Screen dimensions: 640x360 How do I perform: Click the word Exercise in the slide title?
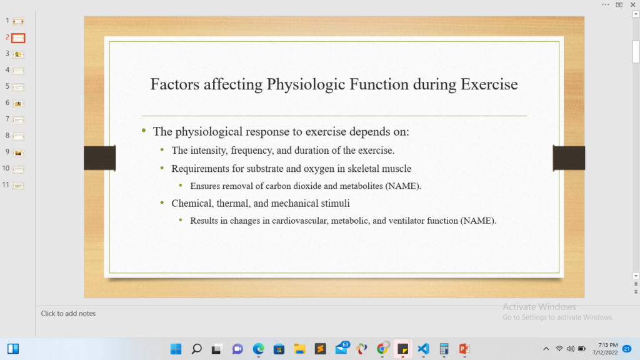point(489,84)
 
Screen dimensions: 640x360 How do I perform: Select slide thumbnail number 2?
point(18,38)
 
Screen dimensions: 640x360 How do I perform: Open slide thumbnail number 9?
point(18,152)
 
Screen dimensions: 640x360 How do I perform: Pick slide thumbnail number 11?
point(18,185)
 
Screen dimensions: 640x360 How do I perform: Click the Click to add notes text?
point(68,314)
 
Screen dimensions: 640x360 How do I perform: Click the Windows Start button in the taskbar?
point(176,349)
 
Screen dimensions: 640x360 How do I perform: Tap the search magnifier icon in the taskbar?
point(197,349)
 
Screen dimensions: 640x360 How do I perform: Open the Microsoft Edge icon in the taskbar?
point(258,349)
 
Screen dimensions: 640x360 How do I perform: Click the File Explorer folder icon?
point(299,349)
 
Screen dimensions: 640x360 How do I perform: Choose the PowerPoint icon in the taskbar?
point(464,349)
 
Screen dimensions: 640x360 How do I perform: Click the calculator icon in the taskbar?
point(444,349)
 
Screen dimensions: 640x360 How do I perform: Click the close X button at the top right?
point(633,4)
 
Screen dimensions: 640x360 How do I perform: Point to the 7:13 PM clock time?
point(607,345)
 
